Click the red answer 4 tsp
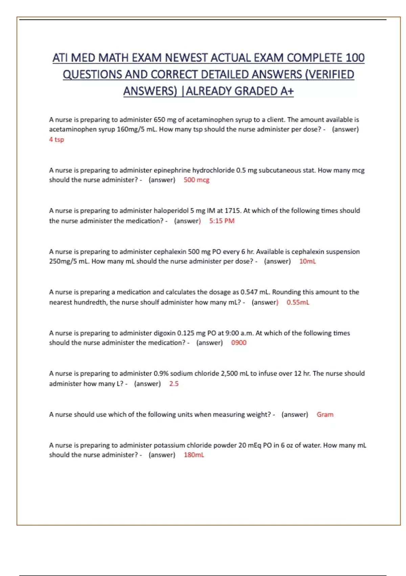pyautogui.click(x=57, y=139)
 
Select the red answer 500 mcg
pyautogui.click(x=196, y=180)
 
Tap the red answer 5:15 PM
pyautogui.click(x=222, y=221)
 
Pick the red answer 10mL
pyautogui.click(x=307, y=261)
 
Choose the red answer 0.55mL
pyautogui.click(x=298, y=302)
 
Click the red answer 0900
pyautogui.click(x=239, y=343)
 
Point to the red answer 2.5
pyautogui.click(x=174, y=384)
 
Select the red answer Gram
pyautogui.click(x=325, y=414)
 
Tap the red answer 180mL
pyautogui.click(x=194, y=455)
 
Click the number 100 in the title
pyautogui.click(x=355, y=58)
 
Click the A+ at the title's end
pyautogui.click(x=287, y=91)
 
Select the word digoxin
pyautogui.click(x=164, y=333)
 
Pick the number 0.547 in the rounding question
pyautogui.click(x=249, y=292)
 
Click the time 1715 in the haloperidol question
pyautogui.click(x=232, y=211)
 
